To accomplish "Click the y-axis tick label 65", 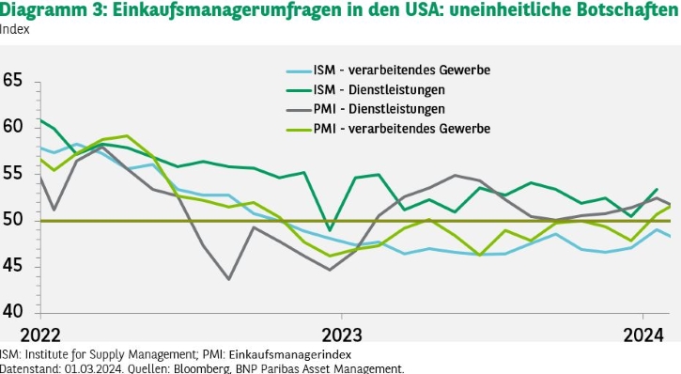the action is pos(12,81).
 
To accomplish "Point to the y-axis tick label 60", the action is pos(12,127).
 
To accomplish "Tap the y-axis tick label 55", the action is pos(12,173).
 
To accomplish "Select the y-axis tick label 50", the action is pos(12,219).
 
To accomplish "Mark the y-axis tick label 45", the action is pos(12,265).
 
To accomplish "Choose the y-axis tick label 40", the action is pos(12,311).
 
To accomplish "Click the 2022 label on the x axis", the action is pos(40,335).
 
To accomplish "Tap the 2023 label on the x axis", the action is pos(342,335).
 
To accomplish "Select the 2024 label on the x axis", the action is pos(643,335).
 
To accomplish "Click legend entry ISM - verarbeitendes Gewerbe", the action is pos(388,70).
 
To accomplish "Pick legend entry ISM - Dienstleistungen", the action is pos(365,90).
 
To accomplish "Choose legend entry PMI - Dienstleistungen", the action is pos(365,109).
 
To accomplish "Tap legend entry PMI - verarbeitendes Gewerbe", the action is pos(388,129).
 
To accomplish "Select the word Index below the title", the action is pos(15,29).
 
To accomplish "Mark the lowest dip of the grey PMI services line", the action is pos(229,279).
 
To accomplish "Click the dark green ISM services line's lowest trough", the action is pos(331,230).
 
